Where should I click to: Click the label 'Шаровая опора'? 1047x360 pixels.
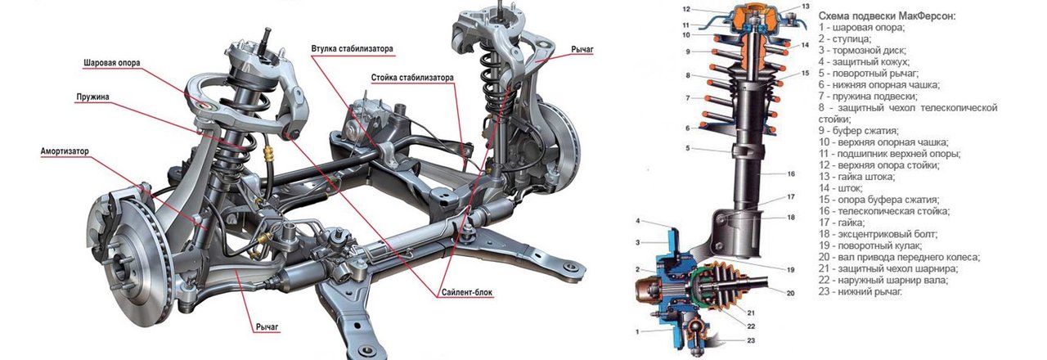pos(111,63)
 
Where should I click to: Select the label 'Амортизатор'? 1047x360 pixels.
pos(65,151)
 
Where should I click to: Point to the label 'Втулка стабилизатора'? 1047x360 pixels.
pos(352,49)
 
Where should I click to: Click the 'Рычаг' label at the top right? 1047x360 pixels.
pos(582,50)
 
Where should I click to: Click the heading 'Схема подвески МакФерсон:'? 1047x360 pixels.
pos(887,16)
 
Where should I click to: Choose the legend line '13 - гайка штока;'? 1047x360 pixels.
pos(861,176)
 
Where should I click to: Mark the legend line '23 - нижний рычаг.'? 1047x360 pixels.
pos(860,291)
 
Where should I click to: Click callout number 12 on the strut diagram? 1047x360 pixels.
pos(687,9)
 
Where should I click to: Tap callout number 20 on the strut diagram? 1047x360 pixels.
pos(790,292)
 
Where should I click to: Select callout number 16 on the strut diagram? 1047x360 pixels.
pos(791,174)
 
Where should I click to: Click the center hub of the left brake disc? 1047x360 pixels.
pos(122,262)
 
